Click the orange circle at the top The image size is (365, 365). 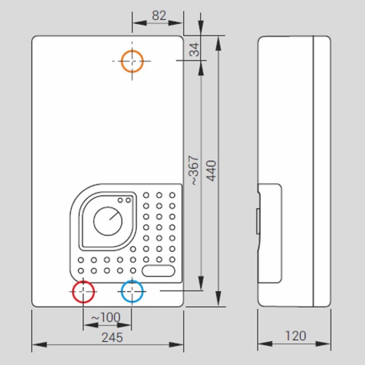pyautogui.click(x=132, y=61)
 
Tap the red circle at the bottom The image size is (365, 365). pyautogui.click(x=83, y=292)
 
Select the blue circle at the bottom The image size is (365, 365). pyautogui.click(x=132, y=292)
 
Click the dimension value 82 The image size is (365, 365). pyautogui.click(x=158, y=16)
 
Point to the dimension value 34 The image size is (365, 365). pyautogui.click(x=195, y=49)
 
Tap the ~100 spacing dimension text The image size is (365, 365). pyautogui.click(x=105, y=317)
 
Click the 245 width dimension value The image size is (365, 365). pyautogui.click(x=112, y=337)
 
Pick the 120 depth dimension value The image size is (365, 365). pyautogui.click(x=295, y=336)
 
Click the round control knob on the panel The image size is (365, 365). pyautogui.click(x=108, y=221)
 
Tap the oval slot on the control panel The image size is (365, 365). pyautogui.click(x=158, y=271)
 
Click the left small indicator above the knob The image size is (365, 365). pyautogui.click(x=121, y=200)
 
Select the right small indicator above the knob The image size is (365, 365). pyautogui.click(x=128, y=200)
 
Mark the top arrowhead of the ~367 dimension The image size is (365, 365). pyautogui.click(x=201, y=65)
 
